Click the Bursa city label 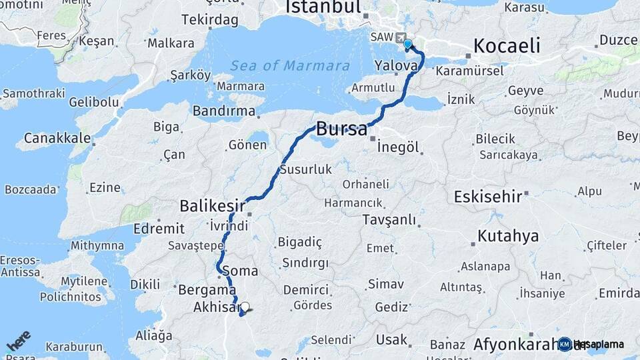coord(341,129)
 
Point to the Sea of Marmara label coord(290,66)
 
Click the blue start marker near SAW coord(407,44)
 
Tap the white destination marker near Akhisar coord(245,307)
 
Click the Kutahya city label coord(508,236)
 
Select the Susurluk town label coord(306,169)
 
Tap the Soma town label coord(244,271)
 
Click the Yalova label coord(396,65)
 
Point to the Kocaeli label coord(507,45)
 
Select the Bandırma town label coord(224,111)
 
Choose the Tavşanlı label coord(389,219)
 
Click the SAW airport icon coord(399,38)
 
